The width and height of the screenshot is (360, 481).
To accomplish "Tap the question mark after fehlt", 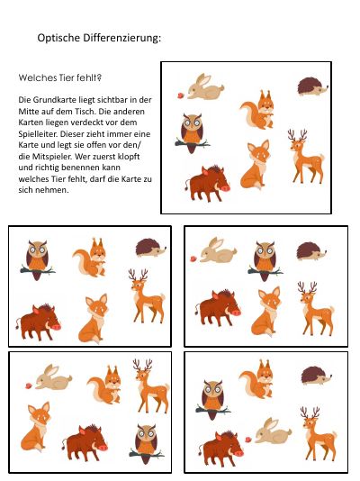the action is coord(99,77).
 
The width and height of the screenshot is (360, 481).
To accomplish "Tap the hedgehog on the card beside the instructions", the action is coord(312,86).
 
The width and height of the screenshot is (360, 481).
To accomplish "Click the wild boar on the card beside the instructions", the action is coord(207,184).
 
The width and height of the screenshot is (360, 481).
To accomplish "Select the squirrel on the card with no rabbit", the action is coord(90,258).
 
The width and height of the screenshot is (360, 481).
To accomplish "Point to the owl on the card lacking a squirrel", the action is coord(265,261).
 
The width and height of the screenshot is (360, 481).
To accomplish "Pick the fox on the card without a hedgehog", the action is coord(35,426).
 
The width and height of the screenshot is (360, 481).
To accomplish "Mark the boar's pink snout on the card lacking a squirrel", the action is coord(236,313).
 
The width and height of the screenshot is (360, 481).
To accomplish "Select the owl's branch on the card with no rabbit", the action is coord(38,270).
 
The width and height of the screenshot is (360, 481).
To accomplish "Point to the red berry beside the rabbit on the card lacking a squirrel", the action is coord(193,259).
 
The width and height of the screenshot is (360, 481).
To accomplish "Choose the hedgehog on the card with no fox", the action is coord(316,376).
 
